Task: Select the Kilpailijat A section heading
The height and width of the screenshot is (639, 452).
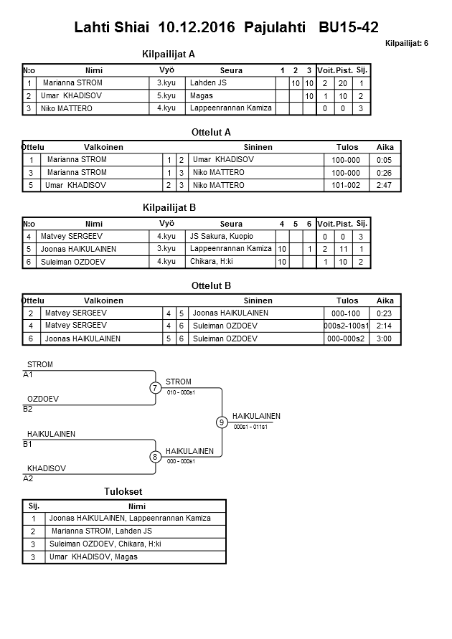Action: click(x=169, y=54)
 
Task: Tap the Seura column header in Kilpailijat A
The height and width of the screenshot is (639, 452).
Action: click(x=231, y=70)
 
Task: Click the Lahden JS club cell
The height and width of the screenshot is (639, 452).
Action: click(x=208, y=83)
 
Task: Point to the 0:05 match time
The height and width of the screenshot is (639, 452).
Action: click(x=385, y=160)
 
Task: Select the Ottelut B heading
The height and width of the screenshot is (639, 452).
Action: click(x=211, y=285)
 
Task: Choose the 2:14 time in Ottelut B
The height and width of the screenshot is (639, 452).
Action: click(x=385, y=326)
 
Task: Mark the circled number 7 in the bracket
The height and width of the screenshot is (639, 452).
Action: click(x=155, y=388)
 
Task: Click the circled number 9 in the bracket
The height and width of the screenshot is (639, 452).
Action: click(x=222, y=422)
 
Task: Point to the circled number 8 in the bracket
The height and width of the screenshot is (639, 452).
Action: click(x=155, y=457)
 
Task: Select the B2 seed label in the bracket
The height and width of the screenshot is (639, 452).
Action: click(x=28, y=410)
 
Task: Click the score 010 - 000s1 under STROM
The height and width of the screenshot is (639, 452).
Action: click(x=182, y=392)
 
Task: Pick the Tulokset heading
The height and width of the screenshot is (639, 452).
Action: click(x=123, y=491)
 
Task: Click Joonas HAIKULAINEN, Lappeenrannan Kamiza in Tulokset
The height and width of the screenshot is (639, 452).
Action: click(x=130, y=518)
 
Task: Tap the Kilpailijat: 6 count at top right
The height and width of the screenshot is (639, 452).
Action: click(x=406, y=44)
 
